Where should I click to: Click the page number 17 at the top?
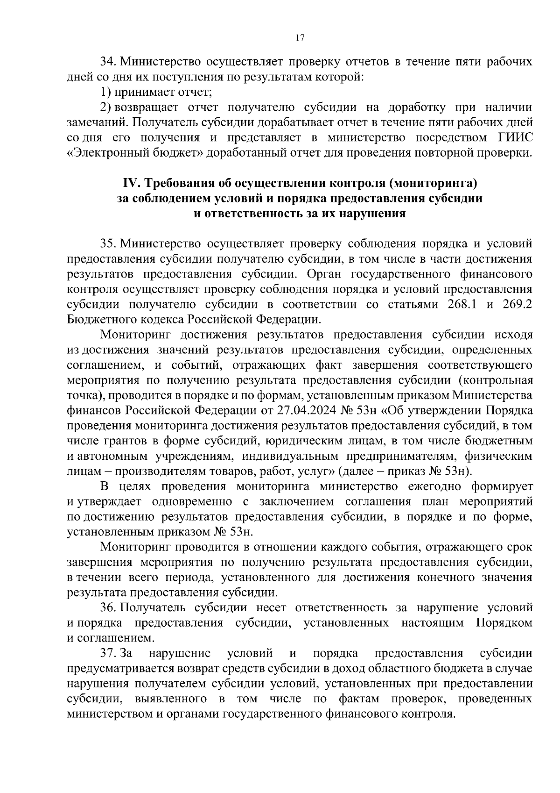[x=300, y=38]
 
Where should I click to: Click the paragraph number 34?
[x=108, y=62]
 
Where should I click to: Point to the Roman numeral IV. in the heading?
[x=131, y=183]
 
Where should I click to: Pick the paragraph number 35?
[x=108, y=244]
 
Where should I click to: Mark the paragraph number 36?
[x=108, y=608]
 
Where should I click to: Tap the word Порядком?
[x=504, y=623]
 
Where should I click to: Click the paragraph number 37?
[x=108, y=653]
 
